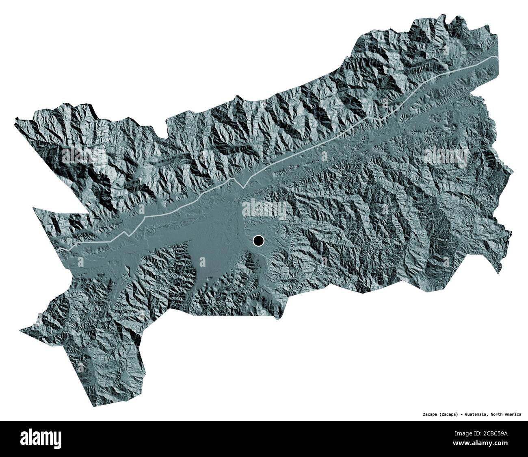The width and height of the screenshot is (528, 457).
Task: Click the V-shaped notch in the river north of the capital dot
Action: [x=242, y=187]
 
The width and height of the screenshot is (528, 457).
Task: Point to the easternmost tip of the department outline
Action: [x=511, y=174]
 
